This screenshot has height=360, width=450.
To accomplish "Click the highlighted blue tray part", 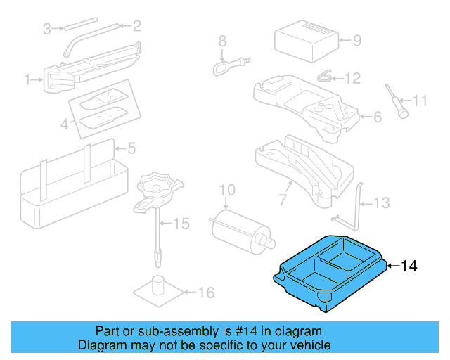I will tap(330, 274).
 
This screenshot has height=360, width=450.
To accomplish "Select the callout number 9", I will tap(356, 40).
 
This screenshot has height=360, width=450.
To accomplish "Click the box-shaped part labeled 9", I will tap(307, 40).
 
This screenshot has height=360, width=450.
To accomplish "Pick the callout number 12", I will tap(352, 78).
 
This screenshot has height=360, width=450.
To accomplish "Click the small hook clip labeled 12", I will tap(325, 76).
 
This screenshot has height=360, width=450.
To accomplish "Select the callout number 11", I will tap(420, 101).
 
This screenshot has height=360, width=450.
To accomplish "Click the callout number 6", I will tap(377, 117).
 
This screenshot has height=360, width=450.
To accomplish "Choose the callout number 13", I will tap(380, 203).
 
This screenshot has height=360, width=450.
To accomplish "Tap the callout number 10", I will tap(226, 189).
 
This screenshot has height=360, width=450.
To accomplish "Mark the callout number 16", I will tap(205, 293).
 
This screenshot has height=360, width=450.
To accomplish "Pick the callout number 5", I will tap(131, 148).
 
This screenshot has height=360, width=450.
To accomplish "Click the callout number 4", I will tap(64, 125).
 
